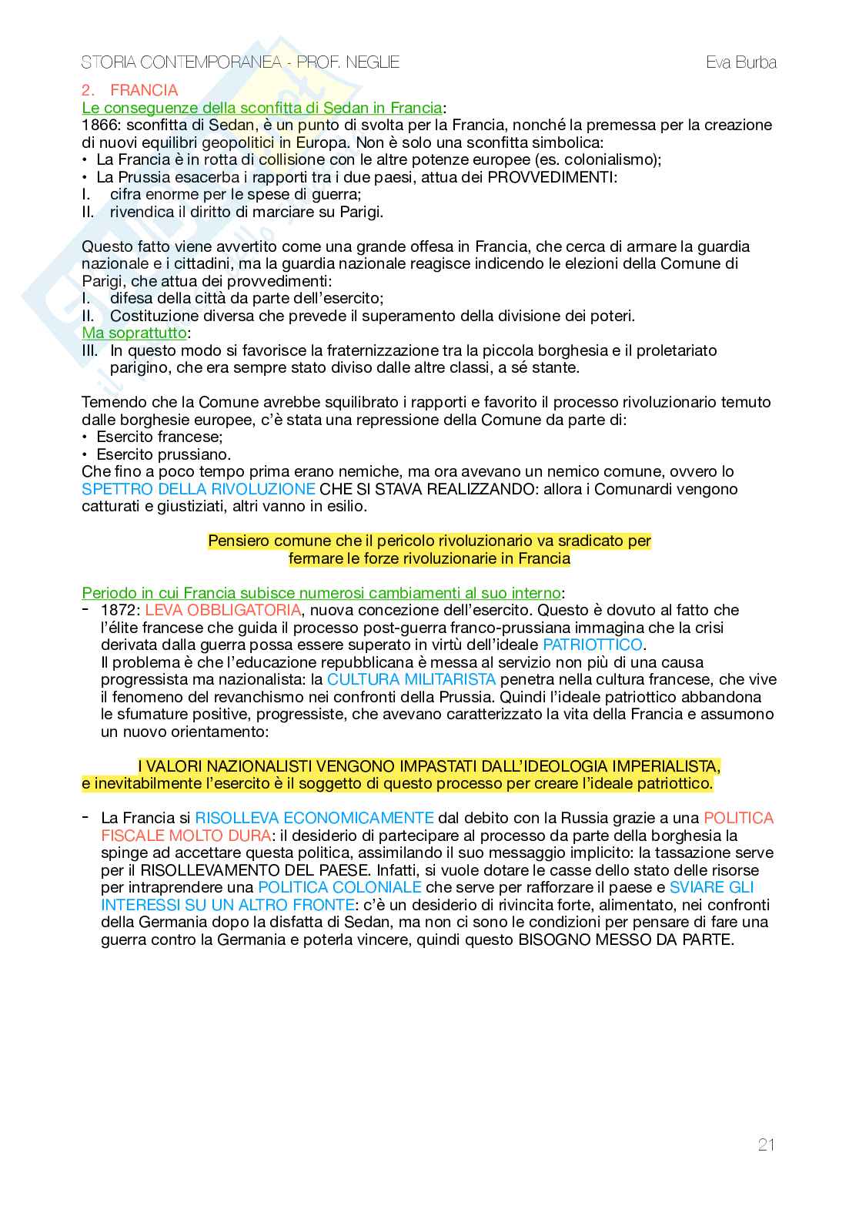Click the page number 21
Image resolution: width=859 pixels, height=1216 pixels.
(766, 1144)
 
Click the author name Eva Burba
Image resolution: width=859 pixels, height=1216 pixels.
(740, 62)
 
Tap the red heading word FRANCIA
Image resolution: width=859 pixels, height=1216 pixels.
(144, 90)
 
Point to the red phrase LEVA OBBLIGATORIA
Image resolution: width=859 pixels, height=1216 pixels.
(222, 610)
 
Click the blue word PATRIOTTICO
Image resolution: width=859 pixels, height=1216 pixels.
(592, 645)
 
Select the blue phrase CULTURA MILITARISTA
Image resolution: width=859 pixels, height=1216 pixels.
(411, 679)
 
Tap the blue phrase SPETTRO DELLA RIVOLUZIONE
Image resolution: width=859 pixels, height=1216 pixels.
(199, 489)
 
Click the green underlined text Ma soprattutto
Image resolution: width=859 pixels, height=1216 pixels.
(135, 333)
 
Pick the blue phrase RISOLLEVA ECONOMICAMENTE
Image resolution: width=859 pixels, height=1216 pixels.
(314, 818)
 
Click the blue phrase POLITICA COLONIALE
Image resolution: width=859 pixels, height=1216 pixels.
(339, 887)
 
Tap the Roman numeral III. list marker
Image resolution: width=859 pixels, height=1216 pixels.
(90, 350)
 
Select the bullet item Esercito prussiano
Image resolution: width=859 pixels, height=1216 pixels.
(163, 454)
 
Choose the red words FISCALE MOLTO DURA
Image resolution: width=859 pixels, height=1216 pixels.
(186, 836)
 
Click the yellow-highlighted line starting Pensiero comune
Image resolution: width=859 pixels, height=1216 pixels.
(429, 541)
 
